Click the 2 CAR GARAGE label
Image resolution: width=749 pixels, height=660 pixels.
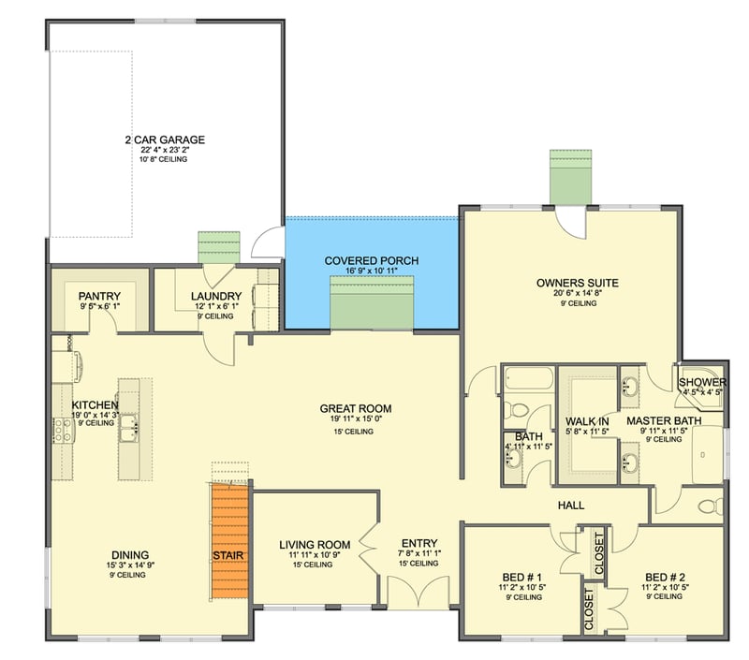point(164,140)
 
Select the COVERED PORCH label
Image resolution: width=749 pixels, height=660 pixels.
point(372,260)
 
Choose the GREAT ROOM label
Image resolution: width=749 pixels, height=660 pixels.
point(355,408)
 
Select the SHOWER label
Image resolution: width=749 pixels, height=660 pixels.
point(702,383)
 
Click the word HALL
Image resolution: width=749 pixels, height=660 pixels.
point(571,506)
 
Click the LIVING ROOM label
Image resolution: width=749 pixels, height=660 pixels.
point(315,544)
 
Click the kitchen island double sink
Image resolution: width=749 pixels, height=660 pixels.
point(130,430)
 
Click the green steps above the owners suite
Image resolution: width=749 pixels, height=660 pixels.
point(568,176)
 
